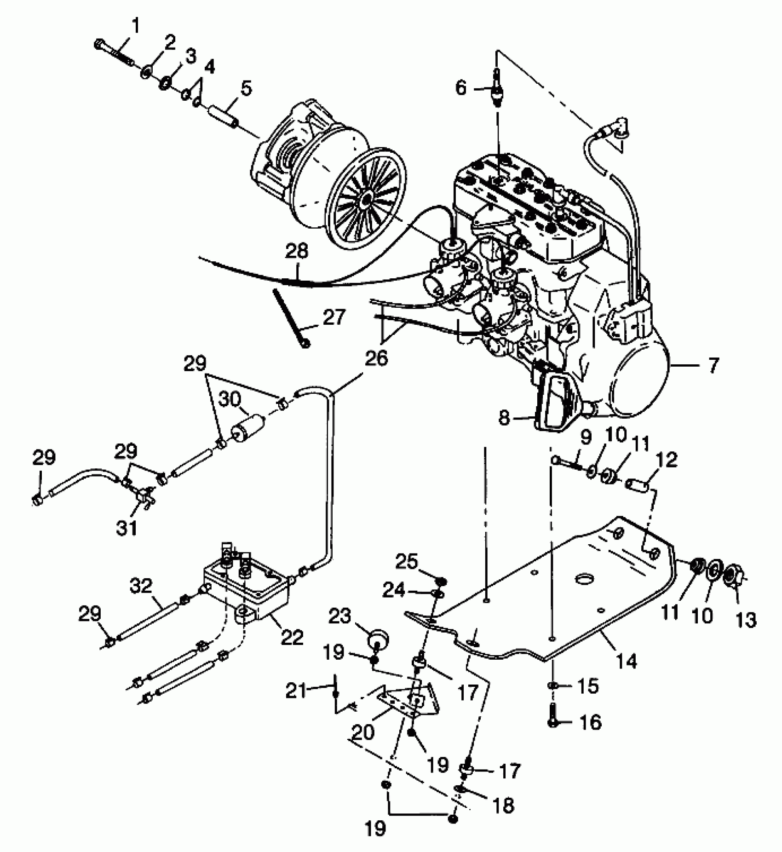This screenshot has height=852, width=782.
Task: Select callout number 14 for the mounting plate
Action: click(x=627, y=662)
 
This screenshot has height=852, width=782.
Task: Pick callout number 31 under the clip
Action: click(x=126, y=528)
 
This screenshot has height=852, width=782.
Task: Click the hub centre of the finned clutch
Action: click(x=367, y=199)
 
